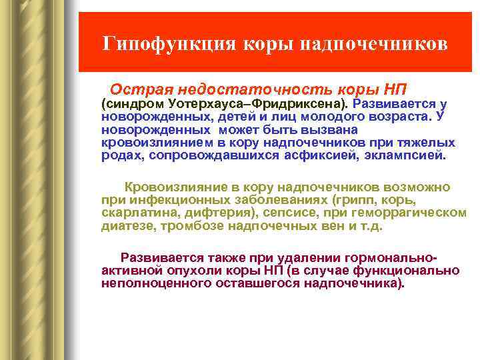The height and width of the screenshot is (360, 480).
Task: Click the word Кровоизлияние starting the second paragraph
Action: (x=167, y=188)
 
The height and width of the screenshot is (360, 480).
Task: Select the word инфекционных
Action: (x=166, y=201)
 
